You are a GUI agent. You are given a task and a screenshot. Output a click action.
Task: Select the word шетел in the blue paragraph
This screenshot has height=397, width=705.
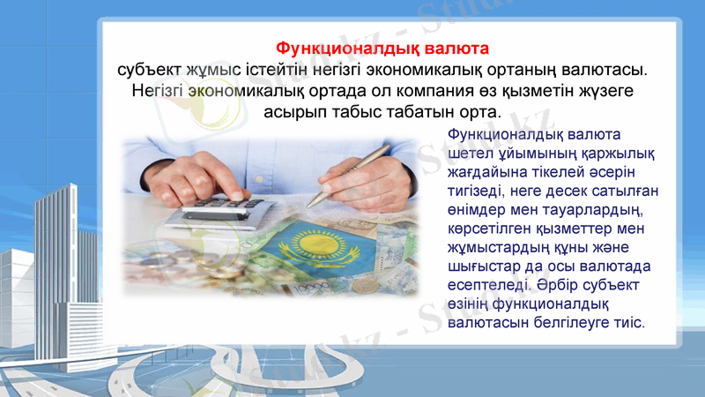(468, 154)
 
